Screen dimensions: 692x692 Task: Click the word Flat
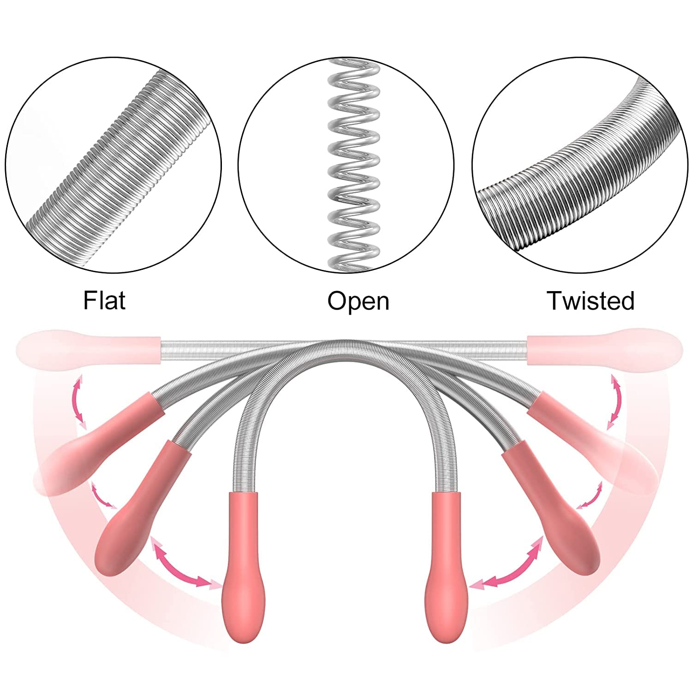pyautogui.click(x=104, y=300)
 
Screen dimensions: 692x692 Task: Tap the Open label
pyautogui.click(x=358, y=301)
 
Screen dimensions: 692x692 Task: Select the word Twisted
pyautogui.click(x=591, y=300)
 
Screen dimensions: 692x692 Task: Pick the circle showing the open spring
pyautogui.click(x=346, y=166)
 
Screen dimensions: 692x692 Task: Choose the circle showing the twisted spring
pyautogui.click(x=579, y=166)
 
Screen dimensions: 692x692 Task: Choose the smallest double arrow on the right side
pyautogui.click(x=590, y=495)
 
